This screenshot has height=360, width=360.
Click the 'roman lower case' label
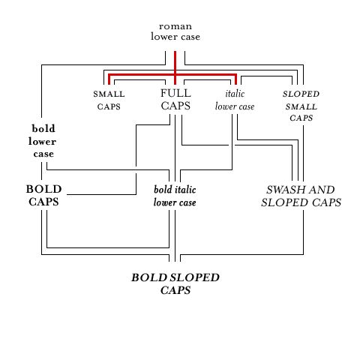pyautogui.click(x=175, y=31)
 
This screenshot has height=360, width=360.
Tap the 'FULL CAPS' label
pyautogui.click(x=175, y=100)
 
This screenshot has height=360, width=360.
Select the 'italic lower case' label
pyautogui.click(x=235, y=100)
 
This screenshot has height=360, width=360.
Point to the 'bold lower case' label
pyautogui.click(x=42, y=141)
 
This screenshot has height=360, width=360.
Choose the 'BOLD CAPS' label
pyautogui.click(x=43, y=196)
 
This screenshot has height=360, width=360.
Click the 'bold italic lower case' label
pyautogui.click(x=175, y=196)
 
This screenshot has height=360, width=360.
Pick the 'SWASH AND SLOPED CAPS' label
pyautogui.click(x=301, y=196)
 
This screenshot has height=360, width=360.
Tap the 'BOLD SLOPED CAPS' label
pyautogui.click(x=175, y=283)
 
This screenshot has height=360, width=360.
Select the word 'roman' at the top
pyautogui.click(x=175, y=26)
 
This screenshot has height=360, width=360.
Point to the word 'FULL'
pyautogui.click(x=175, y=93)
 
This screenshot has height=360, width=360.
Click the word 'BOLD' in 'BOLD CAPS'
pyautogui.click(x=43, y=189)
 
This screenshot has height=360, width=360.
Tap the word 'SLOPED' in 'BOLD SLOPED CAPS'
pyautogui.click(x=194, y=277)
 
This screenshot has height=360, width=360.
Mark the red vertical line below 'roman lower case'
pyautogui.click(x=175, y=68)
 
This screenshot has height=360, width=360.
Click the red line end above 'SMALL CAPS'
pyautogui.click(x=109, y=85)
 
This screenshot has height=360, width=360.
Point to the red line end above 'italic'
pyautogui.click(x=235, y=85)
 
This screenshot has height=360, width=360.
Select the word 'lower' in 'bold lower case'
pyautogui.click(x=42, y=142)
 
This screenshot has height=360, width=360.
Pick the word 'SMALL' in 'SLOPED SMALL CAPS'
pyautogui.click(x=301, y=107)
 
